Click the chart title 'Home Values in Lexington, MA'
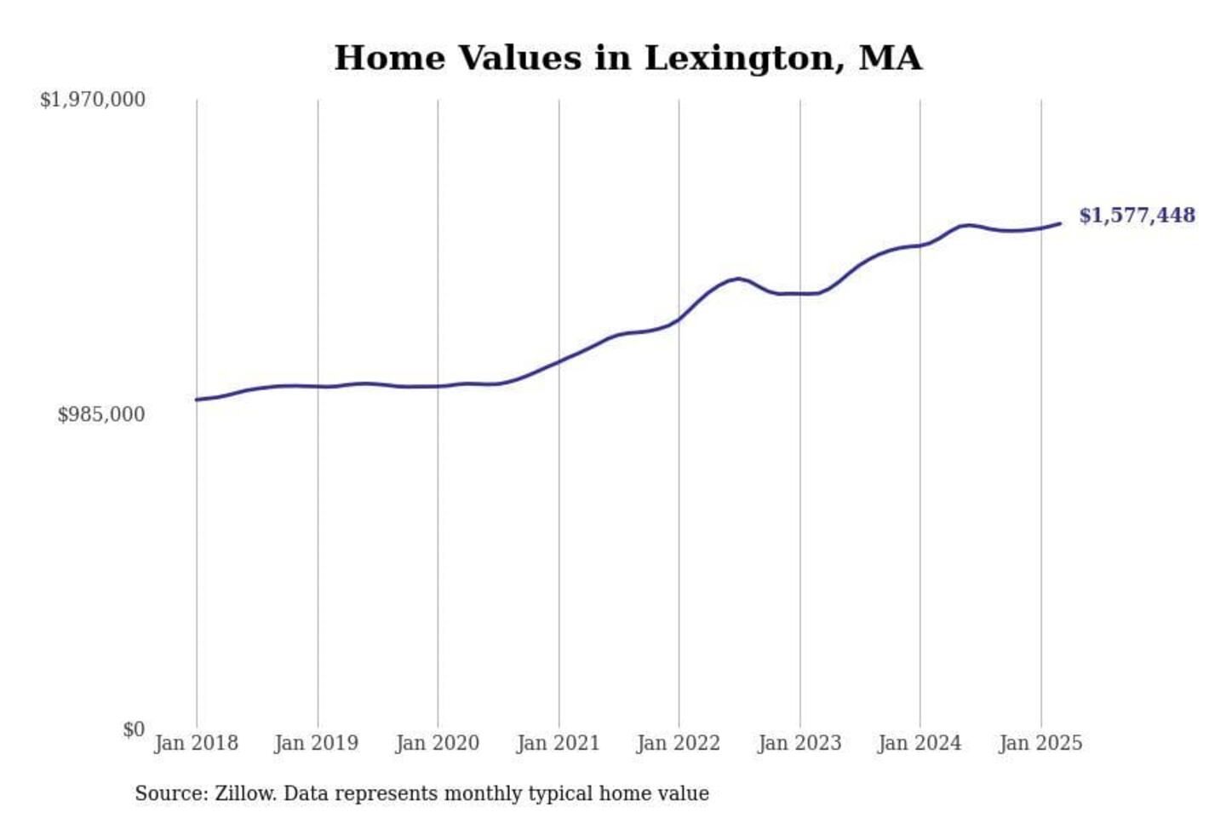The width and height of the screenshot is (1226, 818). [627, 58]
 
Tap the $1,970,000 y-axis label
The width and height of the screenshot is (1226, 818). [93, 100]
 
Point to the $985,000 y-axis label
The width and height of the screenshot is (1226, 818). [101, 415]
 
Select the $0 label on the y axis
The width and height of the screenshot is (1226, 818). [134, 729]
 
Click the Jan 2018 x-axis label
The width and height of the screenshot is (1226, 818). [196, 743]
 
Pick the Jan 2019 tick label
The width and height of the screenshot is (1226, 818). [317, 743]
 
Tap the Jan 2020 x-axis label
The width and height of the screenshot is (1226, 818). [438, 743]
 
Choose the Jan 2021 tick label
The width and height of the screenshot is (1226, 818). [559, 743]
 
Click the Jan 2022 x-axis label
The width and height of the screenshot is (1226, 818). [679, 743]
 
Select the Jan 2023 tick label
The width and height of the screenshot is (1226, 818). [799, 743]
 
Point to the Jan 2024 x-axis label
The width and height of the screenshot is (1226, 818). [919, 743]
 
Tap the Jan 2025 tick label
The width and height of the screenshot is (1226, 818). [1040, 743]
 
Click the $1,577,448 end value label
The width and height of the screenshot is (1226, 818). [1137, 216]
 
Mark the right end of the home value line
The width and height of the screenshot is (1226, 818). [1060, 223]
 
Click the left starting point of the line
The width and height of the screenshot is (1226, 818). [197, 400]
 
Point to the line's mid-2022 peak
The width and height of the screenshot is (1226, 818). [739, 279]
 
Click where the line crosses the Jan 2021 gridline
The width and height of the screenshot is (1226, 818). [559, 361]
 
